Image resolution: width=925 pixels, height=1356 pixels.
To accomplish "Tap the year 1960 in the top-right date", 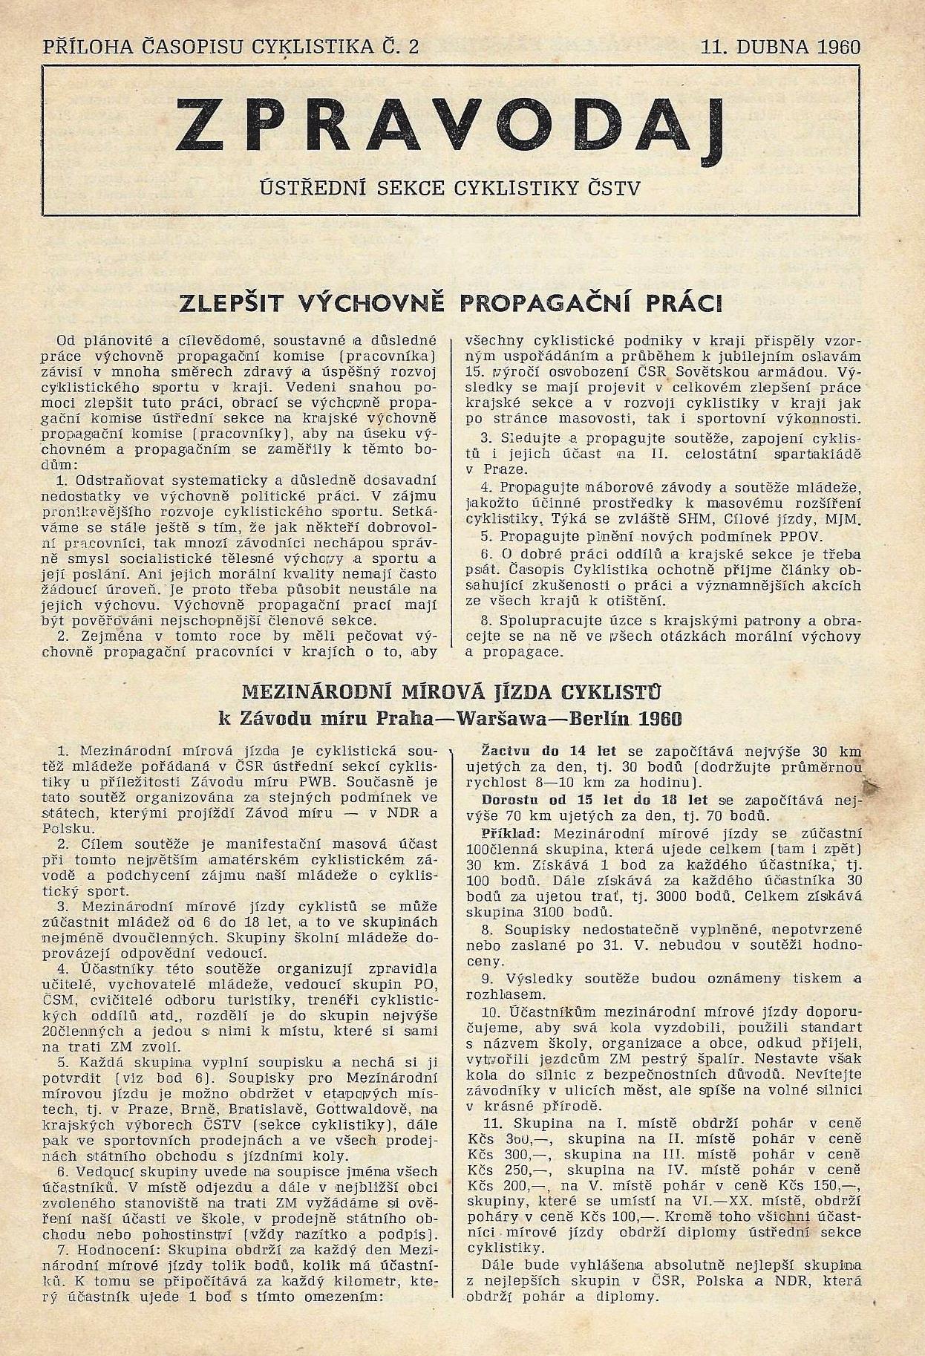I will pos(838,48).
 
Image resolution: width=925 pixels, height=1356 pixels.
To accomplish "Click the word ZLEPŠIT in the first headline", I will pos(235,304).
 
